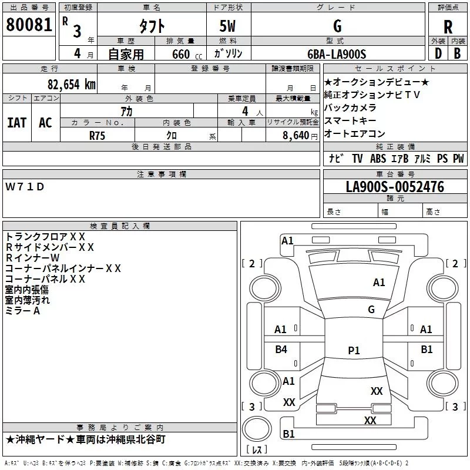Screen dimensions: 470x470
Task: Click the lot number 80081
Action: (x=29, y=25)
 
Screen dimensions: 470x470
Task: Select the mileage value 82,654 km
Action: (x=72, y=85)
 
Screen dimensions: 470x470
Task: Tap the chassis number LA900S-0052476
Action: (x=395, y=187)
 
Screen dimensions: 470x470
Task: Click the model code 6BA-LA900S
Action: (x=337, y=54)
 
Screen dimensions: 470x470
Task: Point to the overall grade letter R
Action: (x=448, y=27)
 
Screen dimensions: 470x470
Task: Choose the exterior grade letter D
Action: (x=438, y=53)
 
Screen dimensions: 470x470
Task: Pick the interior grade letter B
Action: (x=457, y=53)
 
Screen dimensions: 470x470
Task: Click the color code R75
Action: (x=97, y=136)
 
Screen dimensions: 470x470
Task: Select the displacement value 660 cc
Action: (x=187, y=54)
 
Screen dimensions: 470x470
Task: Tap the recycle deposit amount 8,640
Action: (x=296, y=135)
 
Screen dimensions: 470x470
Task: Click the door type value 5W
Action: (x=227, y=26)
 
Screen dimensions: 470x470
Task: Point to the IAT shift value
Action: (x=17, y=123)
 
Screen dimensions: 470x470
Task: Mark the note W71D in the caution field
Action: (x=25, y=187)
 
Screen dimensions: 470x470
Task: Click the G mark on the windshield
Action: (x=371, y=309)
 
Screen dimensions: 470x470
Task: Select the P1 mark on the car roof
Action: (x=354, y=350)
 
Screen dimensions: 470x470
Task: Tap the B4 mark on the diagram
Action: (x=281, y=349)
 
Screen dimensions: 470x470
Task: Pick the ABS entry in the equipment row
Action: (x=378, y=159)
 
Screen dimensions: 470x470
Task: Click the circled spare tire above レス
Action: (x=257, y=429)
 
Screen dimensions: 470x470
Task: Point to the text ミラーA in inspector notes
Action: (x=23, y=311)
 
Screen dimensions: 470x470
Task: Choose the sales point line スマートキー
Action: (x=350, y=120)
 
